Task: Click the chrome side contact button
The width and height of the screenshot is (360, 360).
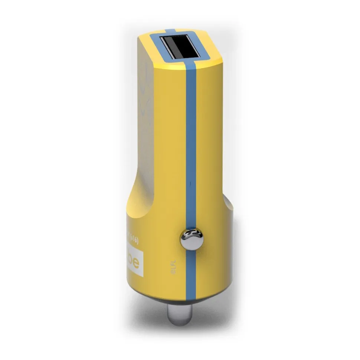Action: click(192, 239)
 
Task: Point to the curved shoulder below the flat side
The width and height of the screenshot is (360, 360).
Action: click(139, 200)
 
